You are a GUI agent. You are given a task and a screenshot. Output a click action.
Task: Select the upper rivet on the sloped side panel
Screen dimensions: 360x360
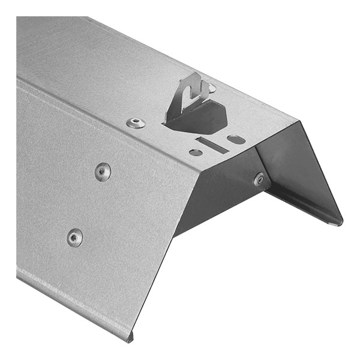coord(103,172)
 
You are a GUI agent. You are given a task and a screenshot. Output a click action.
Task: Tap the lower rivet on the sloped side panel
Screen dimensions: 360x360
coord(75,238)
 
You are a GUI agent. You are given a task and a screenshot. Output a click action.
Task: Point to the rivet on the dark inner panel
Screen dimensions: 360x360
coord(259,179)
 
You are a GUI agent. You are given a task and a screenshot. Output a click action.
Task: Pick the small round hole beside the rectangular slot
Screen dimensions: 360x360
coord(196,152)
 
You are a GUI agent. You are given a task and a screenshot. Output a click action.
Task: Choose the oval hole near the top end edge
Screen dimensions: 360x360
coord(236,139)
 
